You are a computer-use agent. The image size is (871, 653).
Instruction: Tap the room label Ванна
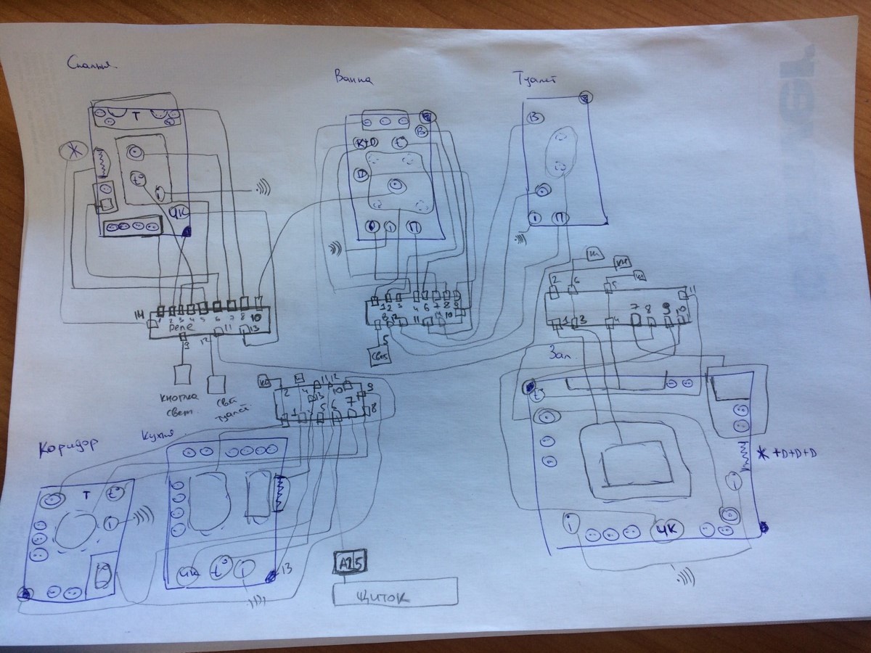point(355,76)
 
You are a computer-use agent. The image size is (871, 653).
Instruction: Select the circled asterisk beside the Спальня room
point(72,153)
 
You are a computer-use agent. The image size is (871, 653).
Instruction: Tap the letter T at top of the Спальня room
point(135,115)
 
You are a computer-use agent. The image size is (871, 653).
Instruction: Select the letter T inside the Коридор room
point(86,496)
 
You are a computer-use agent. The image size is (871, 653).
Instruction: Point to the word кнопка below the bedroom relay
point(177,396)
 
